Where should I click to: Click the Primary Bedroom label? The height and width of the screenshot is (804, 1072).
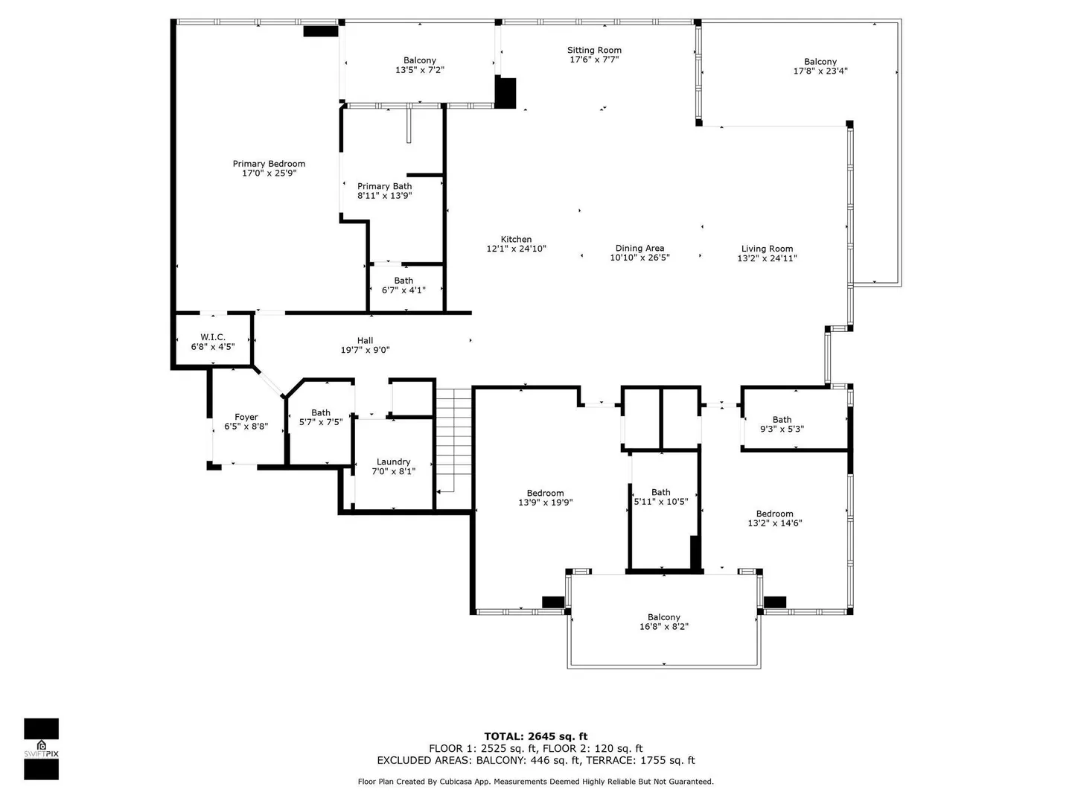(269, 164)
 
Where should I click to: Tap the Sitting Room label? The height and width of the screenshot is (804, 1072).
(594, 50)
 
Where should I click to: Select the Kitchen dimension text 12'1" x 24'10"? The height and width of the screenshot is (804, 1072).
(516, 249)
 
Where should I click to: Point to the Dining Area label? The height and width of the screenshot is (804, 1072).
(639, 248)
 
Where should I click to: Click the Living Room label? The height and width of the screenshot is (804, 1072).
(767, 249)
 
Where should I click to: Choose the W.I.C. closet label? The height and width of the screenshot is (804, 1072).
(212, 336)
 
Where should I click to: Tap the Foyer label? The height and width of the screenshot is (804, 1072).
(246, 417)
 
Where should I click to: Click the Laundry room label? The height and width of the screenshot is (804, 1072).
(393, 462)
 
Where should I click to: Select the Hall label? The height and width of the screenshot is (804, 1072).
(365, 340)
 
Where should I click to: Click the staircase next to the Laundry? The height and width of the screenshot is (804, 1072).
(453, 449)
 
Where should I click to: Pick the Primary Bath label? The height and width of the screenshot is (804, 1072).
(384, 186)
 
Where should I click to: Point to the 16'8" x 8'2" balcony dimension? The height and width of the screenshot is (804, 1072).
(664, 626)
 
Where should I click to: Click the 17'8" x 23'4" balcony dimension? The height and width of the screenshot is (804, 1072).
(820, 71)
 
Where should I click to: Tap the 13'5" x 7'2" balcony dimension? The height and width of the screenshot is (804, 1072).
(420, 70)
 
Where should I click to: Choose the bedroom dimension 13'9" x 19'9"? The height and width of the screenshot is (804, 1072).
(545, 502)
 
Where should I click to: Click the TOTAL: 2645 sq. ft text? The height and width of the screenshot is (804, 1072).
(536, 736)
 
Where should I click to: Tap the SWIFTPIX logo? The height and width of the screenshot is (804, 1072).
(42, 749)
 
